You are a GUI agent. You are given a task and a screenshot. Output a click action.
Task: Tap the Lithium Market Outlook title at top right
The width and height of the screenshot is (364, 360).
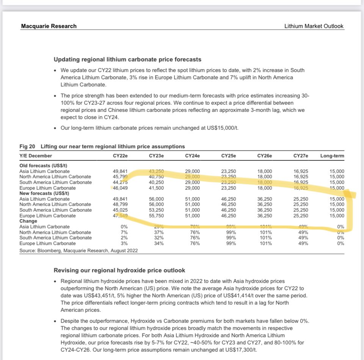pyautogui.click(x=314, y=26)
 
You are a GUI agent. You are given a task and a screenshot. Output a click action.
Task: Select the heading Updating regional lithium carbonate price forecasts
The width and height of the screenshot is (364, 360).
pyautogui.click(x=127, y=60)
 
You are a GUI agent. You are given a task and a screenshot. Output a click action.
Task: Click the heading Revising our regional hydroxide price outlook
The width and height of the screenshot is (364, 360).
pyautogui.click(x=119, y=270)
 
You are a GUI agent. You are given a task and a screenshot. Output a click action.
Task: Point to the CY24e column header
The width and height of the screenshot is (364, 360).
pyautogui.click(x=193, y=156)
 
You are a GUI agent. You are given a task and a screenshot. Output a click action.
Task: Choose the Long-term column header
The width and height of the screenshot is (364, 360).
pyautogui.click(x=333, y=156)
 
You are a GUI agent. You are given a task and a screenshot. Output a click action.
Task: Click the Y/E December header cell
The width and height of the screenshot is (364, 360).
pyautogui.click(x=36, y=156)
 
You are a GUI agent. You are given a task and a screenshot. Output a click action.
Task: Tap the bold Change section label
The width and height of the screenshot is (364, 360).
pyautogui.click(x=28, y=221)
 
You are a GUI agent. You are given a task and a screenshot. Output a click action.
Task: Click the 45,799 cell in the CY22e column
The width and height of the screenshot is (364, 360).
pyautogui.click(x=121, y=176)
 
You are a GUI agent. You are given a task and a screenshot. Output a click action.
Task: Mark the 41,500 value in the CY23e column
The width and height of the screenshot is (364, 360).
pyautogui.click(x=156, y=188)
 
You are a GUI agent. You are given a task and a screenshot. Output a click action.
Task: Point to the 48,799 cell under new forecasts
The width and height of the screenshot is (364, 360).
pyautogui.click(x=121, y=204)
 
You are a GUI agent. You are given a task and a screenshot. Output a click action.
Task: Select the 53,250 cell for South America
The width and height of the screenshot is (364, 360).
pyautogui.click(x=156, y=210)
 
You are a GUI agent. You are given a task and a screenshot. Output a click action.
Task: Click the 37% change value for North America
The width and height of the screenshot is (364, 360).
pyautogui.click(x=158, y=232)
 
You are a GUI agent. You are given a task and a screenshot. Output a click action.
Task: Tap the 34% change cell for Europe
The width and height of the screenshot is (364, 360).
pyautogui.click(x=158, y=243)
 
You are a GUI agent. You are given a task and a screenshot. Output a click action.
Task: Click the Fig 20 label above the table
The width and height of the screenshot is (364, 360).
pyautogui.click(x=27, y=146)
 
